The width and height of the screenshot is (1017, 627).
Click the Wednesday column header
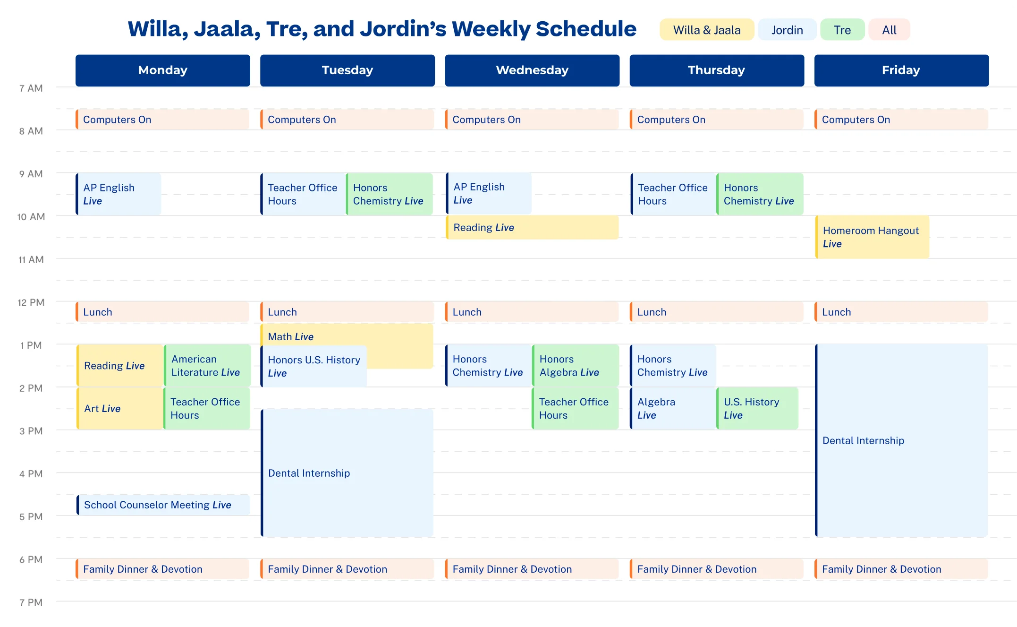tap(532, 70)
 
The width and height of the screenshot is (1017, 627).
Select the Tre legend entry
tap(842, 30)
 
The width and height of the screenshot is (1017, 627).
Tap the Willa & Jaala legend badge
tap(706, 30)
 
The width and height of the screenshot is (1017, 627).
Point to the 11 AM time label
tap(31, 260)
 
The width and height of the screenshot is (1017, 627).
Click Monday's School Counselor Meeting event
tap(163, 505)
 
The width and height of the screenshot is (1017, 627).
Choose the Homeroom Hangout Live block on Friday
tap(872, 237)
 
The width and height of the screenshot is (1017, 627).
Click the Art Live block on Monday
tap(120, 409)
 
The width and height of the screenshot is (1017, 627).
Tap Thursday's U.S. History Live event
tap(757, 409)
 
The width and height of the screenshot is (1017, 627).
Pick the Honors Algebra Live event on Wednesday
tap(575, 366)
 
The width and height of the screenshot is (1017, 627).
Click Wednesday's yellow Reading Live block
tap(532, 228)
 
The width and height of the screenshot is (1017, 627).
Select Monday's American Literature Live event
tap(207, 366)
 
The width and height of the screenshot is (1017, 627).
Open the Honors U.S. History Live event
tap(314, 367)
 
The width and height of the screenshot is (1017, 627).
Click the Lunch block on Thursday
tap(716, 312)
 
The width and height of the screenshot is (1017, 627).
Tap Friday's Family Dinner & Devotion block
tap(901, 569)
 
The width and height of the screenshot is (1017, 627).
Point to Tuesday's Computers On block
tap(347, 120)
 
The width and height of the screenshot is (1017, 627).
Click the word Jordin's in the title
tap(403, 29)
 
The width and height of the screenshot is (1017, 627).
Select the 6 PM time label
tap(31, 560)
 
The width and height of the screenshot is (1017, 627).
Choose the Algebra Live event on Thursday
tap(673, 409)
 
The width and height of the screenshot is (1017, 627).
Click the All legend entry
tap(889, 30)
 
